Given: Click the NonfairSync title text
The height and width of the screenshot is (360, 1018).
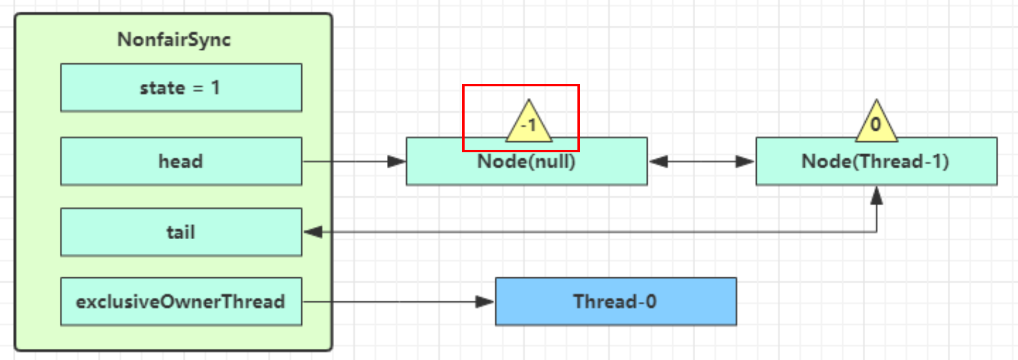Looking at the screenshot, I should [x=174, y=39].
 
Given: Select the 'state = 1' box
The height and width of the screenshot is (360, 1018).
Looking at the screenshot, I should [x=181, y=88].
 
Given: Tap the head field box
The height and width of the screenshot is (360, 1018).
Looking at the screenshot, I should [x=181, y=161].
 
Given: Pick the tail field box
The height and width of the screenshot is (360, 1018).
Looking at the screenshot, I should [x=181, y=232].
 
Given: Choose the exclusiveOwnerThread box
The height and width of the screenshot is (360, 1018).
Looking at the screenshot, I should [x=181, y=301].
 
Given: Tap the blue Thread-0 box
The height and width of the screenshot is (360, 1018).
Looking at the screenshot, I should [x=616, y=301].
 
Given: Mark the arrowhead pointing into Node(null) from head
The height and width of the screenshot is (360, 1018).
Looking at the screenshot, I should [x=397, y=162].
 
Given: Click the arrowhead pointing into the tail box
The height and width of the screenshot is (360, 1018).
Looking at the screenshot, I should [x=313, y=232].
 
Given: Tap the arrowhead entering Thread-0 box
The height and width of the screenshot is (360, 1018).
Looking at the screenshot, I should [x=486, y=301].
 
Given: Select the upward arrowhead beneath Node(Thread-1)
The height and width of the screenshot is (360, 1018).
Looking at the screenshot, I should [x=876, y=195].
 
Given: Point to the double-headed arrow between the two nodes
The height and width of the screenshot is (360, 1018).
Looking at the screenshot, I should [x=701, y=162].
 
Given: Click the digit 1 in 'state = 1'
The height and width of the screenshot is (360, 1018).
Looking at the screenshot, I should [x=215, y=88].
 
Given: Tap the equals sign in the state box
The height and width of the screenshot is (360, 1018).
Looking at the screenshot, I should [x=198, y=89].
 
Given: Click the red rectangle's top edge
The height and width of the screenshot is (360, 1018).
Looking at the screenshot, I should [x=521, y=85].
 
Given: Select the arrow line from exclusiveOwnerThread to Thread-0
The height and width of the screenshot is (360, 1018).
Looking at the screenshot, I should [x=394, y=301].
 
